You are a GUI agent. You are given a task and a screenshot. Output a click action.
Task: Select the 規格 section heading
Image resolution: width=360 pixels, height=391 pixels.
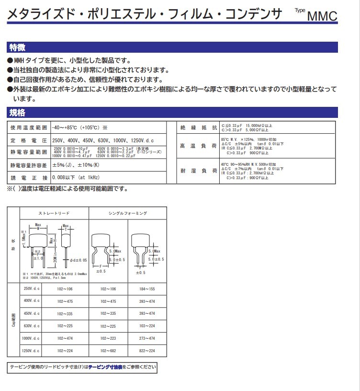point(18,113)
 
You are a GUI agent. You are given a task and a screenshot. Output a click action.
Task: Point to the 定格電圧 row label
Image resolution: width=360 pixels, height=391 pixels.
point(29,140)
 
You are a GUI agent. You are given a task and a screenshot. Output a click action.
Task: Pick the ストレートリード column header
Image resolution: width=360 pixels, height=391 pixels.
point(54,213)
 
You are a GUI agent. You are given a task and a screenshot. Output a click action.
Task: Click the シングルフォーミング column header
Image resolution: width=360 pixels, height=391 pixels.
point(128,213)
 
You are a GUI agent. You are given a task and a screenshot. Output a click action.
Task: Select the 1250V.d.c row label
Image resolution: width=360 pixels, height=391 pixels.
point(31,351)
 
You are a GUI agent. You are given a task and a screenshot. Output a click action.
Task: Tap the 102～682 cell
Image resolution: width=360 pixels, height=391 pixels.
point(108,351)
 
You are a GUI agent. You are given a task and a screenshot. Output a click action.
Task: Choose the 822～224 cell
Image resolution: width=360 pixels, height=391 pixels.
point(147,351)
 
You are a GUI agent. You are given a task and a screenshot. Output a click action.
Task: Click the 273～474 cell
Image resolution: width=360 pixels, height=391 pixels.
point(147,338)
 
